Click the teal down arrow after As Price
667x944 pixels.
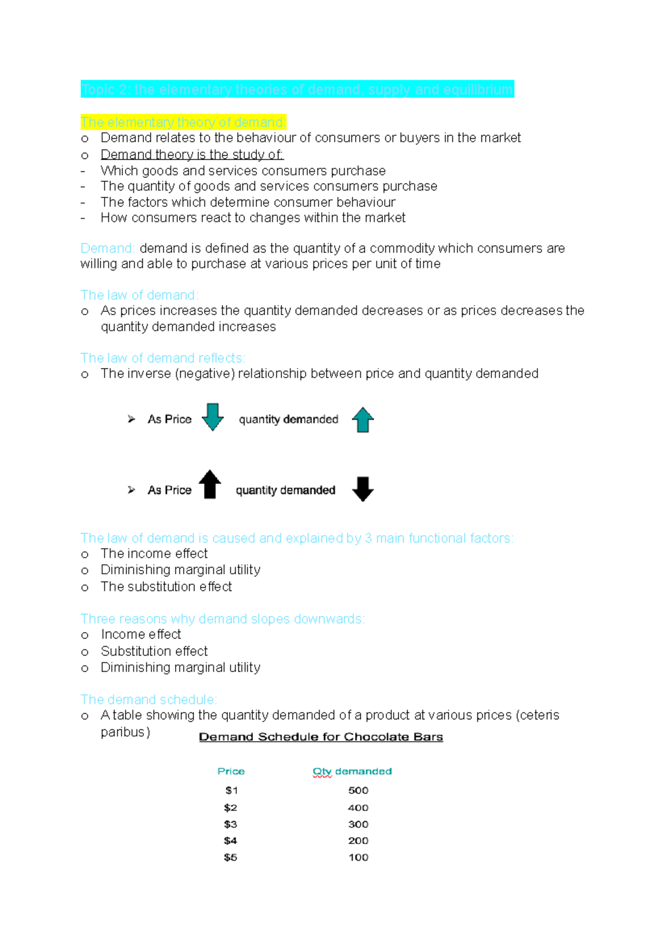coord(212,417)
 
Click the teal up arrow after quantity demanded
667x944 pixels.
coord(362,420)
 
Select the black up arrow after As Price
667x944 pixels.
coord(210,484)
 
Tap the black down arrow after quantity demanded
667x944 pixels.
coord(362,489)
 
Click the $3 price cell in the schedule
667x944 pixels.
coord(230,824)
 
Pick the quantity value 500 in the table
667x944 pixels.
coord(358,791)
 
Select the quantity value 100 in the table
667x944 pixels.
coord(358,857)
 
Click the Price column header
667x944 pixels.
coord(231,771)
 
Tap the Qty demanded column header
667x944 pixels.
coord(352,771)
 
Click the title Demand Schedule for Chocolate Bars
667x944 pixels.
coord(321,737)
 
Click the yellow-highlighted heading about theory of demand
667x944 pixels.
coord(183,122)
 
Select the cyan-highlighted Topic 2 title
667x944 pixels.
coord(297,90)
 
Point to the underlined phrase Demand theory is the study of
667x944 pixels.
coord(192,155)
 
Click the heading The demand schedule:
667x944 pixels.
coord(148,699)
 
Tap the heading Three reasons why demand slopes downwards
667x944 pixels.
coord(222,619)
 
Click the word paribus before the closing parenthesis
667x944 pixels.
coord(123,732)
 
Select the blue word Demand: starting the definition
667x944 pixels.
coord(107,248)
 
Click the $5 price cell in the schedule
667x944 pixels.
coord(230,857)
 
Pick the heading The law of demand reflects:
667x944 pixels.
coord(162,358)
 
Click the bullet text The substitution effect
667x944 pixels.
coord(166,587)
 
